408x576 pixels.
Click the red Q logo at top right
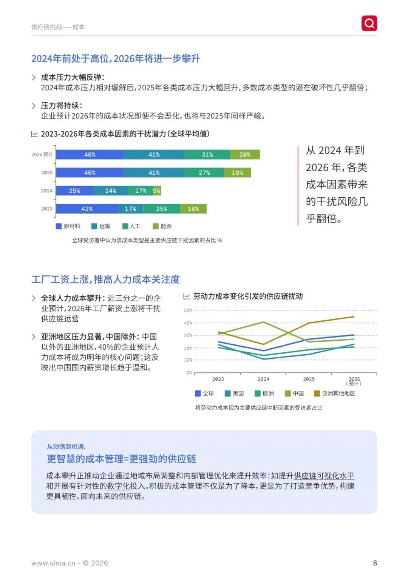coord(369,23)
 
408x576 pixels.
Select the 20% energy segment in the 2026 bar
coord(245,155)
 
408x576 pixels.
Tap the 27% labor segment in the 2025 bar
coord(204,173)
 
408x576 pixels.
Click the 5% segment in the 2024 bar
coord(157,191)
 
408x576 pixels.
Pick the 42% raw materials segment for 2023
coord(87,209)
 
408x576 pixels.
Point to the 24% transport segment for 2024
coord(111,191)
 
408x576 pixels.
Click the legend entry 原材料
coord(68,226)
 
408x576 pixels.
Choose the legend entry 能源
coord(162,226)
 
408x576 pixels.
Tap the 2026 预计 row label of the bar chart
coord(42,155)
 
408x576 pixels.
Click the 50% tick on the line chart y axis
coord(188,310)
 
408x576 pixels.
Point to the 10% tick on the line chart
coord(188,360)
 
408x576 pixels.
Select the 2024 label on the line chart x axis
coord(263,379)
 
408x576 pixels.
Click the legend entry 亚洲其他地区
coord(335,393)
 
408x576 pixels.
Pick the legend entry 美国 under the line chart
coord(235,393)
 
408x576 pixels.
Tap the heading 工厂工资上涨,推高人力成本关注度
coord(105,280)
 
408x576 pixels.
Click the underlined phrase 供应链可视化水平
coord(324,476)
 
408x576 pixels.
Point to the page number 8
coord(375,563)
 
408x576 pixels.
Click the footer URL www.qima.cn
coord(53,563)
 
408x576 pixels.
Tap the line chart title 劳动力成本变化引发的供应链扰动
coord(248,296)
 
